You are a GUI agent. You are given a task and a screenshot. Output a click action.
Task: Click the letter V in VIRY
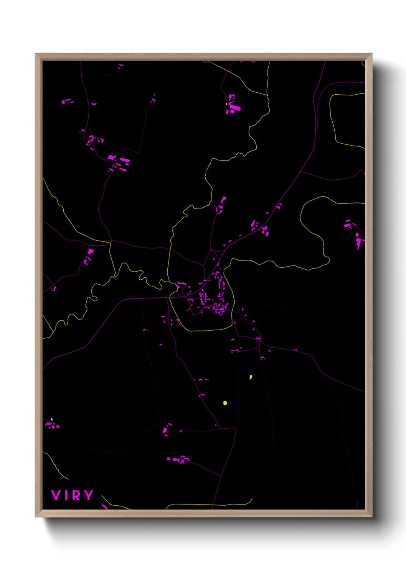[x=56, y=495]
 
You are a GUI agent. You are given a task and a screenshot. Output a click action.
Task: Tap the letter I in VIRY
[x=66, y=495]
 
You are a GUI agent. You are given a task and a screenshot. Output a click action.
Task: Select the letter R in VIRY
[x=77, y=495]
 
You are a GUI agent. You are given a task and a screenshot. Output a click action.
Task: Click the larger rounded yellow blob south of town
[x=225, y=403]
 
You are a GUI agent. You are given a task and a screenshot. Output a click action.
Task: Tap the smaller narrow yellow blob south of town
[x=251, y=377]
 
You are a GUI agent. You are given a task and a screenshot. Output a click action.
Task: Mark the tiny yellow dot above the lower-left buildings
[x=52, y=419]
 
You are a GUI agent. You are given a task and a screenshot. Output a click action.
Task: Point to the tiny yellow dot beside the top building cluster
[x=227, y=104]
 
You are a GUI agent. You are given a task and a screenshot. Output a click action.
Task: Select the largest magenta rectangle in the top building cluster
[x=235, y=108]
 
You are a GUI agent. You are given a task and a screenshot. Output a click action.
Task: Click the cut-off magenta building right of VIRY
[x=104, y=506]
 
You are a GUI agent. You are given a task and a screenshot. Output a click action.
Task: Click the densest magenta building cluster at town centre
[x=213, y=301]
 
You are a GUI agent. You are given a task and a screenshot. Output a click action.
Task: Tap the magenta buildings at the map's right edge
[x=358, y=240]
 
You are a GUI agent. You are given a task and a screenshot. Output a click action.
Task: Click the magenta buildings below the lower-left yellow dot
[x=53, y=425]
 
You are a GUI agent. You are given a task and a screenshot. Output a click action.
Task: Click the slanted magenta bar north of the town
[x=223, y=200]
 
